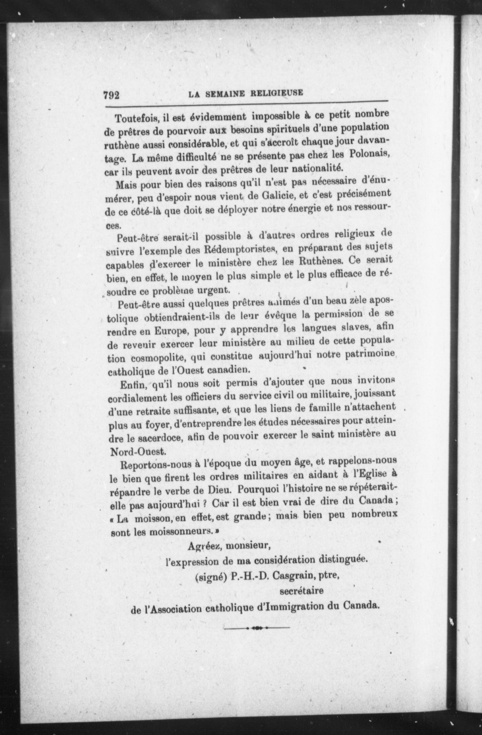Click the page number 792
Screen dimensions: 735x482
[111, 95]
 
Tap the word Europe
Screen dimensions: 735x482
[172, 331]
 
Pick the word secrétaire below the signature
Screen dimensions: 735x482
[301, 591]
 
